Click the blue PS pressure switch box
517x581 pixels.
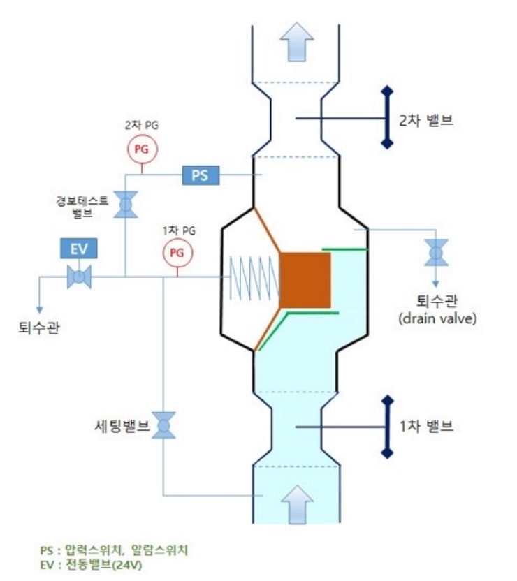[x=200, y=175]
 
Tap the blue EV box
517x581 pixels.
[x=78, y=249]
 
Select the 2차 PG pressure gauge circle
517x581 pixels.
[x=142, y=148]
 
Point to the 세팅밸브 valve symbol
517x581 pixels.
[x=164, y=425]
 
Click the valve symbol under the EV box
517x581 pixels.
[x=79, y=277]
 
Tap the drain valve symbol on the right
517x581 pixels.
[x=437, y=252]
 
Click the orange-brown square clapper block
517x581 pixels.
[x=305, y=280]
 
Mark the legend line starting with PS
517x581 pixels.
[x=114, y=550]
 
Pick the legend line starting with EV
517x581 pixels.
[x=91, y=564]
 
